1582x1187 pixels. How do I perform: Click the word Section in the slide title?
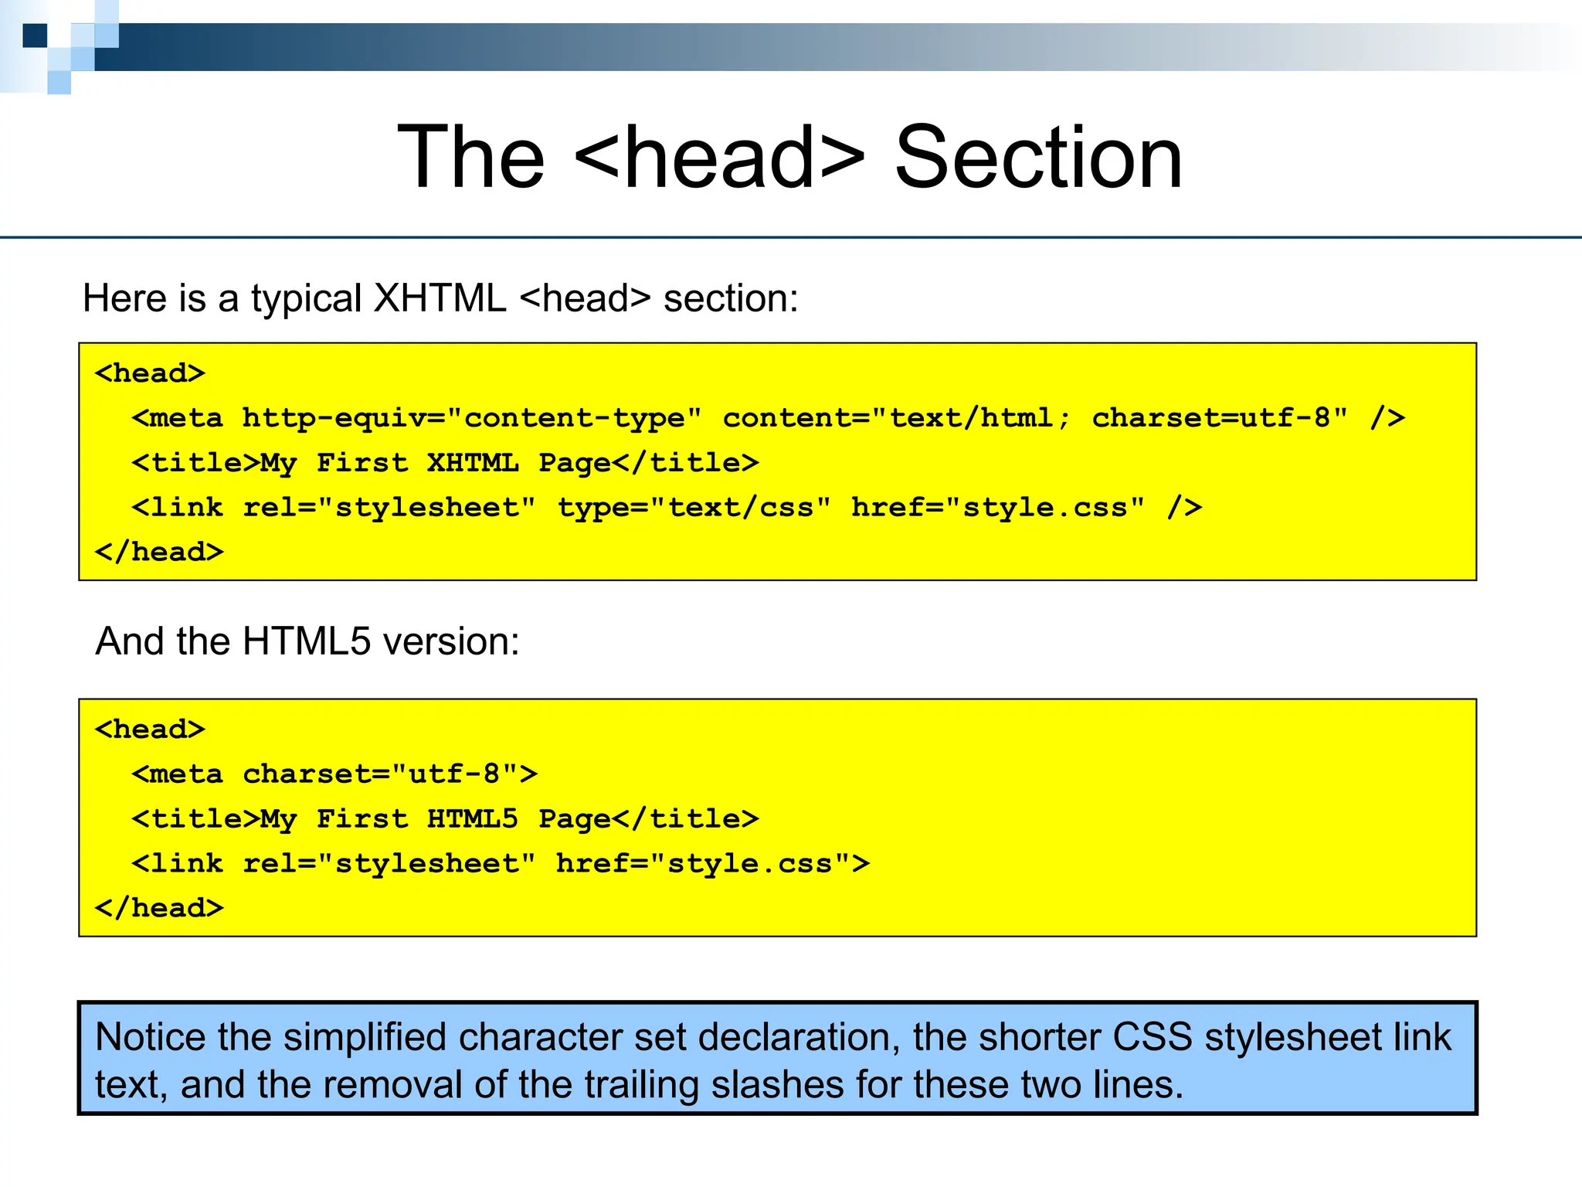1038,158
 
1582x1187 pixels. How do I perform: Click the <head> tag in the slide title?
720,158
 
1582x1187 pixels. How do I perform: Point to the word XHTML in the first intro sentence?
440,299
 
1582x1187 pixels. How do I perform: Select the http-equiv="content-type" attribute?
472,418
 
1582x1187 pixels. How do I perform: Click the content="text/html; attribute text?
897,418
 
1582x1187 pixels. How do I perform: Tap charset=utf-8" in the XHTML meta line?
1220,418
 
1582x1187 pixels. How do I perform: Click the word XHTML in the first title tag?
473,463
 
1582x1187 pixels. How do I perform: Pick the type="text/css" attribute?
694,508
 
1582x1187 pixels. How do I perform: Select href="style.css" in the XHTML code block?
997,508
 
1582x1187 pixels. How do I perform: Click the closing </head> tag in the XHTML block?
159,552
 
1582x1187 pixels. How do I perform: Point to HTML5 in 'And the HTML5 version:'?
307,641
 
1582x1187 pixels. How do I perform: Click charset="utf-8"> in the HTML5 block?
390,774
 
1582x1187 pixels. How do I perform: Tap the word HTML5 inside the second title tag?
473,819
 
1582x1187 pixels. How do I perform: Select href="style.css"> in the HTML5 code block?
713,863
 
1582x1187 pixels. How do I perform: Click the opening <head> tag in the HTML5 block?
150,729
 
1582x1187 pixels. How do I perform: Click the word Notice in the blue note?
150,1037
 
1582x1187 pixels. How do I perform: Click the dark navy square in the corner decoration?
35,36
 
